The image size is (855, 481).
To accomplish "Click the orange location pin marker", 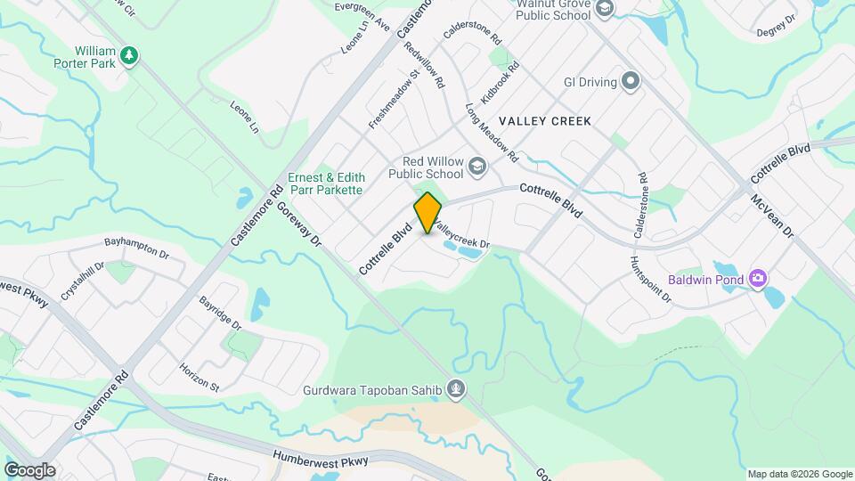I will (x=427, y=212).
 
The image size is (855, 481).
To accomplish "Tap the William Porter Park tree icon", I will (x=130, y=56).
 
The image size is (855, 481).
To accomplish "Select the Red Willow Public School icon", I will (x=478, y=167).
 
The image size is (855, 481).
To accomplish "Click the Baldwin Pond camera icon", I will (x=757, y=279).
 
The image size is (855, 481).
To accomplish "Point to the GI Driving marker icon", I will (x=631, y=82).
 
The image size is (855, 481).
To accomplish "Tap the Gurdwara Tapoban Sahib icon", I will (x=456, y=388).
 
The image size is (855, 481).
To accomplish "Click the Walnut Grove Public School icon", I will (x=605, y=9).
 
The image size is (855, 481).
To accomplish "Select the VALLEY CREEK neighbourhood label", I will (x=544, y=121).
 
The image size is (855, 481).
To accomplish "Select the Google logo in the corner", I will (x=29, y=470).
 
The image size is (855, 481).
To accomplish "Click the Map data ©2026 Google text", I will (x=799, y=474).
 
